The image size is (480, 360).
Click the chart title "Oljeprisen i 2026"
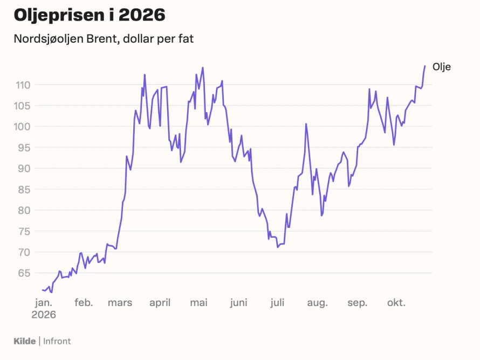(90, 15)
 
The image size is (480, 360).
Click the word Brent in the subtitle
(102, 39)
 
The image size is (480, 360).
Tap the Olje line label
(441, 67)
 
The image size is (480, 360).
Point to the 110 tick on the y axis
(23, 85)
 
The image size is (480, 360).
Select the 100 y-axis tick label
(22, 127)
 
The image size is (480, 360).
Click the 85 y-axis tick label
(24, 190)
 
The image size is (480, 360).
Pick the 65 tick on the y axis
(24, 273)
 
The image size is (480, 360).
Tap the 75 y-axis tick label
(24, 232)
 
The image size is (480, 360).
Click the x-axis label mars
(120, 303)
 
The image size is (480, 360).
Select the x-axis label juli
(277, 302)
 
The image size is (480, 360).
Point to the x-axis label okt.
(396, 302)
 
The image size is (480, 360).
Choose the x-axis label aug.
(318, 303)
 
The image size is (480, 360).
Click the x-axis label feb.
(84, 302)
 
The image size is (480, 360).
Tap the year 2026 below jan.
(44, 315)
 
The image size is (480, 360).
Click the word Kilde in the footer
(24, 341)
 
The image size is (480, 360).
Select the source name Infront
(57, 341)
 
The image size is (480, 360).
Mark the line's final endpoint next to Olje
(425, 66)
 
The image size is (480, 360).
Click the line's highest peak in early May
(203, 67)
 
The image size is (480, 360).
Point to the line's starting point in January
(43, 289)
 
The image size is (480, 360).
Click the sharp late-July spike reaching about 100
(306, 124)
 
